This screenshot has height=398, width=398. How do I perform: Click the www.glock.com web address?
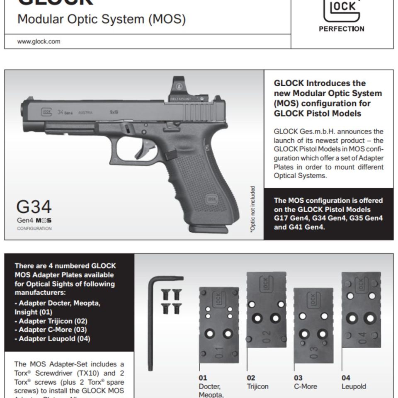click(x=39, y=41)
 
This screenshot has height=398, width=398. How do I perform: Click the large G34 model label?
click(x=34, y=207)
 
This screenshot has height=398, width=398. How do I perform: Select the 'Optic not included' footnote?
click(x=252, y=209)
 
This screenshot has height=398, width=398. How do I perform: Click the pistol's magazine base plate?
click(x=209, y=229)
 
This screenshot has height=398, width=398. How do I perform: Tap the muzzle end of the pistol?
click(x=24, y=110)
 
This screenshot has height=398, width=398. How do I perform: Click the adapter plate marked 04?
click(x=361, y=309)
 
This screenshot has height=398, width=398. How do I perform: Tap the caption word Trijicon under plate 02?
click(x=257, y=386)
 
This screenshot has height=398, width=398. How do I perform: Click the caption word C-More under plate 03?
click(x=306, y=386)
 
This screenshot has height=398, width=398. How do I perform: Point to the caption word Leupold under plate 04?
click(x=354, y=386)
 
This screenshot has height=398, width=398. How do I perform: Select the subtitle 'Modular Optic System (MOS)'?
click(x=101, y=19)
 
